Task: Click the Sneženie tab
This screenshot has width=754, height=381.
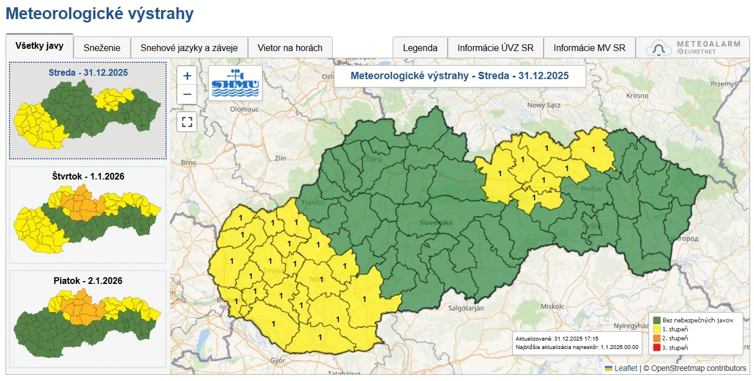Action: click(102, 48)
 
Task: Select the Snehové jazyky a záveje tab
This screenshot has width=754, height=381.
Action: click(189, 48)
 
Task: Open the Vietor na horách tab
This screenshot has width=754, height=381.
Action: click(290, 48)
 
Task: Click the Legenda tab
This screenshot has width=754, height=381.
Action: click(420, 48)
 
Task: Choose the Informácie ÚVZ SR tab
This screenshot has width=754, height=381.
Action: click(495, 48)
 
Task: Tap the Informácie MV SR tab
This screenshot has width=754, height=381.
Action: click(589, 48)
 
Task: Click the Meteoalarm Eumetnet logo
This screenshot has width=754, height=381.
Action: click(692, 48)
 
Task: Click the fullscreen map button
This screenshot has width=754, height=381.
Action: click(187, 121)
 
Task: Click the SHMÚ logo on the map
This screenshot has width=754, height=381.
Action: click(235, 83)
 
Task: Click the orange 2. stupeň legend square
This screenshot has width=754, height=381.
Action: click(656, 338)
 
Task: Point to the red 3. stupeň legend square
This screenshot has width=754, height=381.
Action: click(656, 348)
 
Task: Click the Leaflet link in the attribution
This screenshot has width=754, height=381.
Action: click(626, 368)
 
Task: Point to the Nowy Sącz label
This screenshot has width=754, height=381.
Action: click(544, 105)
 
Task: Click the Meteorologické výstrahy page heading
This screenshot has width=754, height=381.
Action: click(99, 14)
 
